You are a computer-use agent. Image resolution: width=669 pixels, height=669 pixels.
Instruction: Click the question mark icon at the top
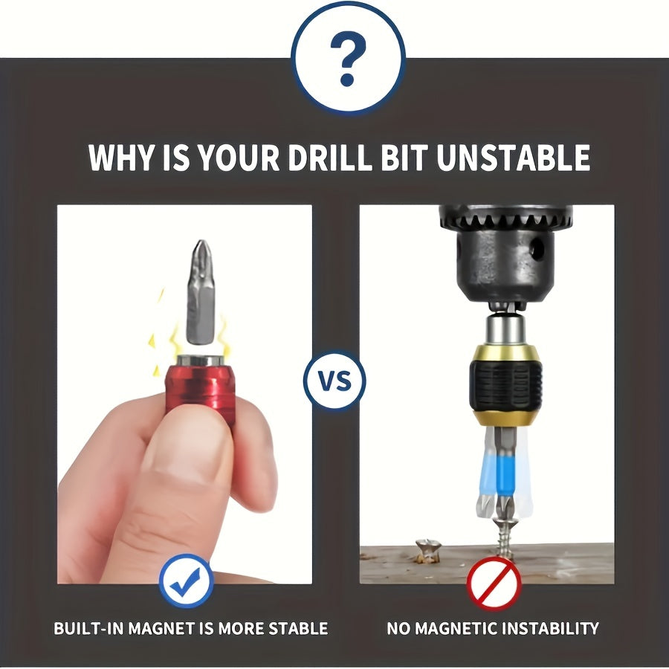pyautogui.click(x=348, y=57)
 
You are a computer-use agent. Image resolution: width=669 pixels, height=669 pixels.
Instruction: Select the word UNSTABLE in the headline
pyautogui.click(x=513, y=158)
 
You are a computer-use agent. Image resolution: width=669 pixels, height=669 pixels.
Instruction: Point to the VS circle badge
pyautogui.click(x=334, y=381)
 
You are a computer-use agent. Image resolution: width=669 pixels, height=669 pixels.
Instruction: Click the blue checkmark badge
pyautogui.click(x=186, y=581)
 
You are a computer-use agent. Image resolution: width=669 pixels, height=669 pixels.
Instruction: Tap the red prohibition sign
pyautogui.click(x=494, y=584)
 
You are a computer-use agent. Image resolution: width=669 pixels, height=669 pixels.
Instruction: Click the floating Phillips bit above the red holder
pyautogui.click(x=200, y=292)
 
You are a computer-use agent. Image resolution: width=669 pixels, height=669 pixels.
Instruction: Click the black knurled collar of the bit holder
pyautogui.click(x=505, y=384)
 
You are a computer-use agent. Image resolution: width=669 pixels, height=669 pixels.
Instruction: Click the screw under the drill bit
pyautogui.click(x=506, y=535)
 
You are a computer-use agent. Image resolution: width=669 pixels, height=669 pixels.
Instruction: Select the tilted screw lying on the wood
pyautogui.click(x=428, y=551)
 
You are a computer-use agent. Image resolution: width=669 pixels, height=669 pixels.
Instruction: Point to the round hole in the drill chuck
pyautogui.click(x=537, y=247)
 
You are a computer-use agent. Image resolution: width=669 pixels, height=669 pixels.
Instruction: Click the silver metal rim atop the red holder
pyautogui.click(x=200, y=361)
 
